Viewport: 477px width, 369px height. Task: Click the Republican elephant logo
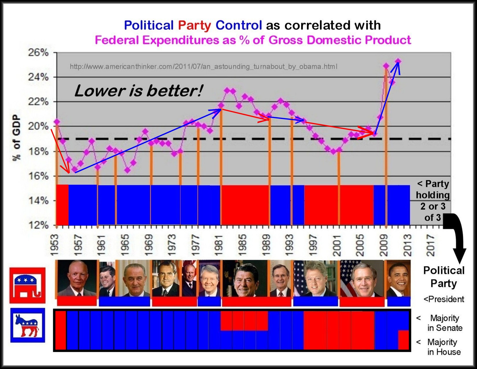pos(27,285)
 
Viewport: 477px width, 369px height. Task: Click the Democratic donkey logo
pos(27,325)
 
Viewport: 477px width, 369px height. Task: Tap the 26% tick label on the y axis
pos(38,53)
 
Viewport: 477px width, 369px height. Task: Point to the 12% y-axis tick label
pos(38,225)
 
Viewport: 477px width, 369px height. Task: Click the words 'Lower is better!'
pos(138,91)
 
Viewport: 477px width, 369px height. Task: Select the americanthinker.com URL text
pos(204,67)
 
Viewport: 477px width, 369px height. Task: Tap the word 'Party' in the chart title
pos(194,25)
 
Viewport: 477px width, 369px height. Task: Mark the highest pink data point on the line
pos(398,61)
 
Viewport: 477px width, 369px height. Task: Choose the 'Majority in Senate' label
pos(444,323)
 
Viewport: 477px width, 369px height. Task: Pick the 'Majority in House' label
pos(443,347)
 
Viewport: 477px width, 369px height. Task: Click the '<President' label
pos(444,299)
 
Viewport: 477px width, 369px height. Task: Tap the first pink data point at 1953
pos(57,122)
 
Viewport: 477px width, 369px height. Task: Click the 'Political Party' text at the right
pos(444,277)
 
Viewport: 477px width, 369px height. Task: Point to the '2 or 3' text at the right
pos(433,206)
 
